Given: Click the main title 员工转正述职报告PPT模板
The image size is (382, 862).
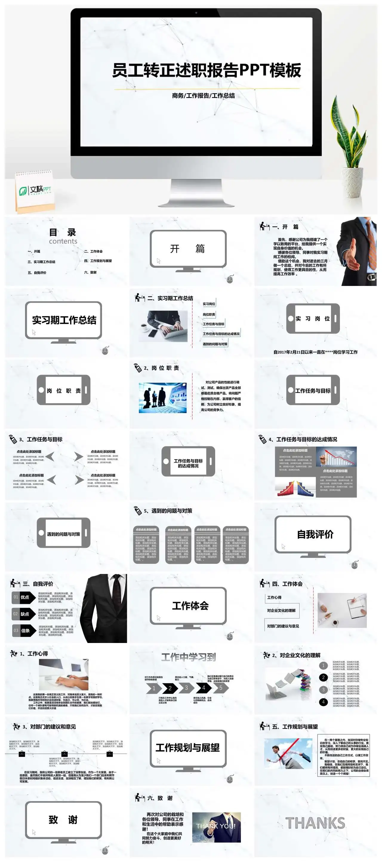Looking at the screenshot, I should [x=206, y=71].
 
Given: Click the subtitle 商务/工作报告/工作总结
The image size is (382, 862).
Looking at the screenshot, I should [x=203, y=96].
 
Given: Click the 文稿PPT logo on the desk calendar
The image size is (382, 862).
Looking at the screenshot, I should [x=35, y=190].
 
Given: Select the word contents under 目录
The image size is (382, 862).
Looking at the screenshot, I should [x=63, y=241].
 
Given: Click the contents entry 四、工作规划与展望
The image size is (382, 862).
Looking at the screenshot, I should [x=98, y=261].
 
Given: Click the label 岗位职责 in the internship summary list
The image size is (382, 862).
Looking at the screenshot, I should [x=209, y=315].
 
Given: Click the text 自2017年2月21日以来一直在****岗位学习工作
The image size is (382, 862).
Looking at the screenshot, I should [x=315, y=352].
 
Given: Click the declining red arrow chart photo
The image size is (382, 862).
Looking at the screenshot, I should [x=336, y=456].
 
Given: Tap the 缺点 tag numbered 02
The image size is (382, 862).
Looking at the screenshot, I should [x=25, y=614].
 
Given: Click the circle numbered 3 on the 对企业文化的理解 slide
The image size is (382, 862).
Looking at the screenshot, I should [x=323, y=690].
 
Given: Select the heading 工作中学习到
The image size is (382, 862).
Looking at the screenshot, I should [x=189, y=657].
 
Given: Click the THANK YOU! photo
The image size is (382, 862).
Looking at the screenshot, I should [x=216, y=827].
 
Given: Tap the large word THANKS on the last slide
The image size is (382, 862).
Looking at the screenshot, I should [x=315, y=823].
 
